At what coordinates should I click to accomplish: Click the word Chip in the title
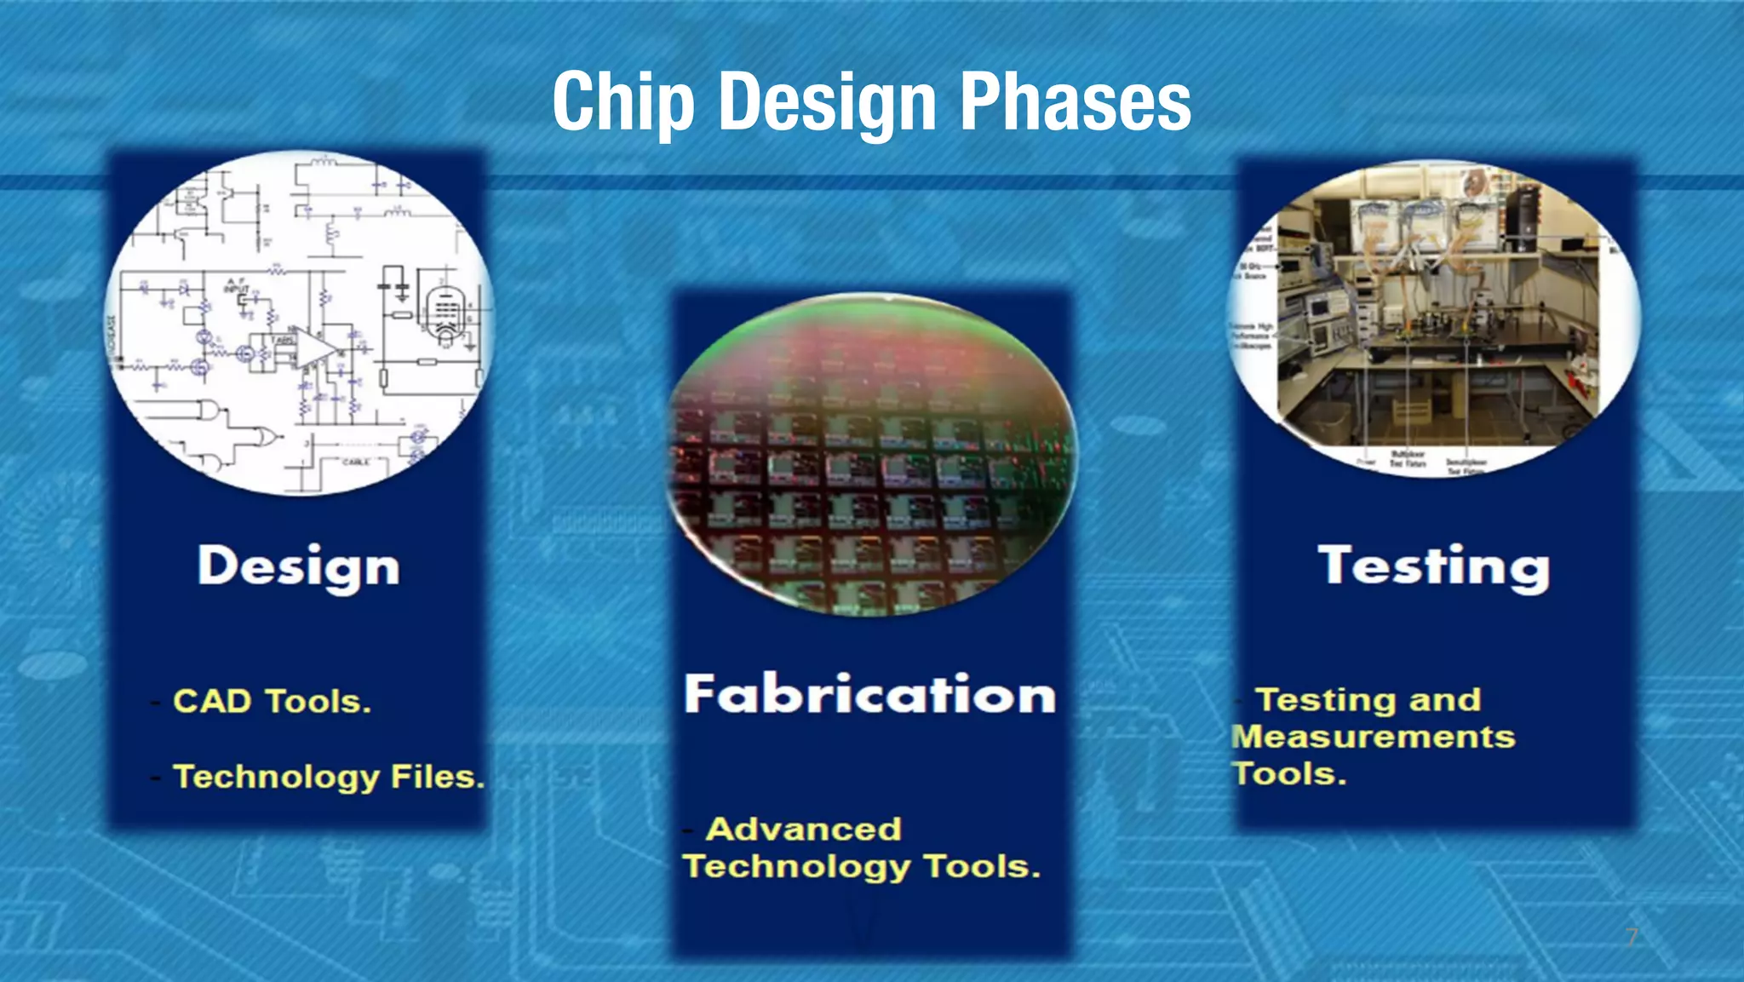pos(623,102)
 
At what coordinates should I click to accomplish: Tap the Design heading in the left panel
pos(298,567)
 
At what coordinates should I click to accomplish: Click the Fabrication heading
pos(869,694)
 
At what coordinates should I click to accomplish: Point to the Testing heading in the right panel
pos(1433,566)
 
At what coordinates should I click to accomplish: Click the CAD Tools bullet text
pos(272,701)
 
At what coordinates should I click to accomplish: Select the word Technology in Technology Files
pos(276,777)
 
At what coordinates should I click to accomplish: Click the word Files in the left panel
pos(437,776)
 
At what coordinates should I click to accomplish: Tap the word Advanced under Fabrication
pos(803,829)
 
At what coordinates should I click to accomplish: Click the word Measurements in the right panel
pos(1373,737)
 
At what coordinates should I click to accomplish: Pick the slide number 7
pos(1631,937)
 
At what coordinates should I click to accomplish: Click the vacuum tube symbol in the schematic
pos(445,315)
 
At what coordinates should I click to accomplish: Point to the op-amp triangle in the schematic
pos(313,350)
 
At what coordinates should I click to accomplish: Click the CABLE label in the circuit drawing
pos(355,462)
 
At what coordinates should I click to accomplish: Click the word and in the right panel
pos(1444,699)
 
